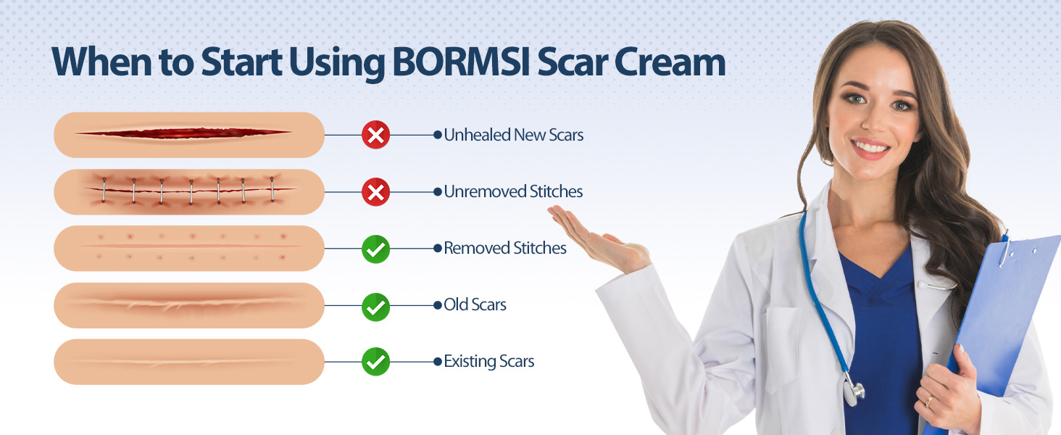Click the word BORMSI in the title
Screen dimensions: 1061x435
(x=460, y=62)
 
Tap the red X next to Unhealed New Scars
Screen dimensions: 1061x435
(x=375, y=135)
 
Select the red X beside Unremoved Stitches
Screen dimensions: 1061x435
(x=375, y=192)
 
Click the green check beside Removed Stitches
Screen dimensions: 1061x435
(x=375, y=249)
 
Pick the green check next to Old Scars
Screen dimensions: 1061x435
(x=375, y=307)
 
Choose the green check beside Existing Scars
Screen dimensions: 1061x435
(x=375, y=362)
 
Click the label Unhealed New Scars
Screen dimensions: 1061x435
(x=513, y=135)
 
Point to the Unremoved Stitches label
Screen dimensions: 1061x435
(x=513, y=191)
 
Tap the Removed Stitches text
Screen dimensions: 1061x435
(x=505, y=248)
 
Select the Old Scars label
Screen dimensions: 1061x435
(x=475, y=304)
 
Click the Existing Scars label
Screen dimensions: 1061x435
(x=488, y=362)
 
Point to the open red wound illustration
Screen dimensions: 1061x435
(x=189, y=135)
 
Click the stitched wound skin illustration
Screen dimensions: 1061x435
(x=189, y=192)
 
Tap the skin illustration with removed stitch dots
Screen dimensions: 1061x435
(x=189, y=248)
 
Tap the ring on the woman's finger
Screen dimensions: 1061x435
(x=929, y=401)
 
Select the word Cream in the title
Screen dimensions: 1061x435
(x=670, y=62)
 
